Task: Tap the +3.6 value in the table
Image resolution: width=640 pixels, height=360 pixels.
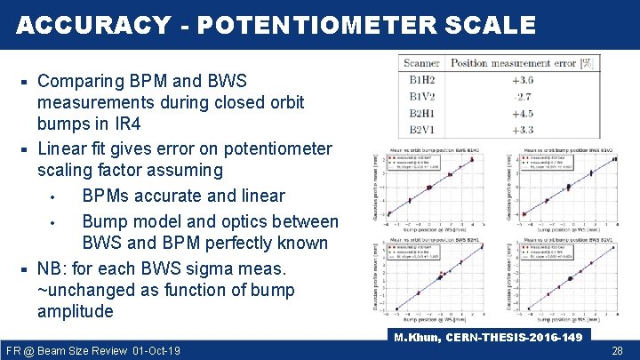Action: click(522, 80)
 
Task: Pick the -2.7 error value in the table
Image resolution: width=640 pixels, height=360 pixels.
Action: click(522, 96)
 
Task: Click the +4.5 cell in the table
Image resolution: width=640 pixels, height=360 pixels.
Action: click(522, 113)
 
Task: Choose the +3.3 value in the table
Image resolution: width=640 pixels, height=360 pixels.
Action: click(522, 130)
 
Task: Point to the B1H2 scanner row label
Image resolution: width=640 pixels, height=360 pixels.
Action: click(421, 80)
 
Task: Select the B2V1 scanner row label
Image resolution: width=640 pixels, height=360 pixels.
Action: click(421, 130)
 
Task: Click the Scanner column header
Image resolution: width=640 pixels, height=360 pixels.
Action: click(422, 63)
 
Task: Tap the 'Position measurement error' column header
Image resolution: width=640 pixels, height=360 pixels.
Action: click(520, 63)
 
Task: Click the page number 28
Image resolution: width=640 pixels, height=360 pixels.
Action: click(617, 351)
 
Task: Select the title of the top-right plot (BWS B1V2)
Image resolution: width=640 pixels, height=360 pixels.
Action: click(568, 149)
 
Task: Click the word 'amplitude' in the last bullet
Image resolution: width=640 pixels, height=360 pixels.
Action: click(76, 311)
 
